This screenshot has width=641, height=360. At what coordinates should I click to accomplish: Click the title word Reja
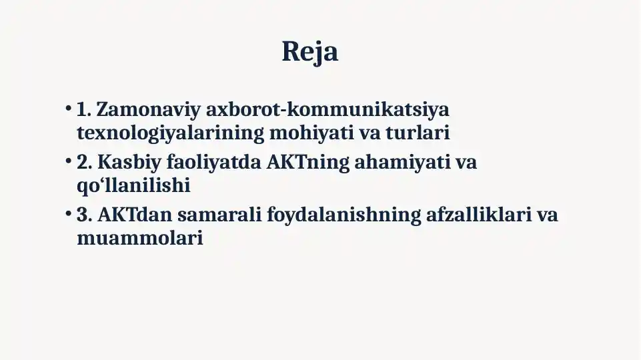point(310,52)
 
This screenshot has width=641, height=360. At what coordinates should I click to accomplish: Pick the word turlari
point(418,133)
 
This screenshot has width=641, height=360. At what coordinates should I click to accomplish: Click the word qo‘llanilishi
point(133,186)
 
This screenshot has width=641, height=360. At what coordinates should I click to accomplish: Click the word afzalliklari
point(478,215)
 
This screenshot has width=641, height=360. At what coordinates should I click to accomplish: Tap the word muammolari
point(139,238)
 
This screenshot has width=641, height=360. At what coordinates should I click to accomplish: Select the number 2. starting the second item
point(85,163)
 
